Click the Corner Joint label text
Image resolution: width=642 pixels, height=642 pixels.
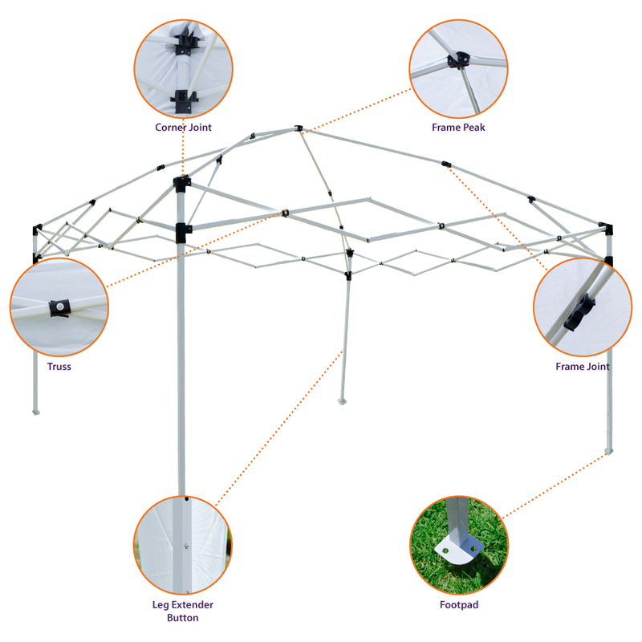point(184,127)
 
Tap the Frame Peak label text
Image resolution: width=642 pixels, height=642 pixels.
point(458,127)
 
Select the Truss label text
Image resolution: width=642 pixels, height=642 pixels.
point(59,367)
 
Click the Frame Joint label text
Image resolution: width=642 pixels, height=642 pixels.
point(583,367)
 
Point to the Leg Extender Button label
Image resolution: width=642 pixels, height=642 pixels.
point(183,611)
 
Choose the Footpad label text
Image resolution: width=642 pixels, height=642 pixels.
point(458,605)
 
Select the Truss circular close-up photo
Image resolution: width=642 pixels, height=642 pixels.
point(59,307)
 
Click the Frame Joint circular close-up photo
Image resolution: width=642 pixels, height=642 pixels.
point(583,307)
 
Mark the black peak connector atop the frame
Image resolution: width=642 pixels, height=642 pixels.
point(298,128)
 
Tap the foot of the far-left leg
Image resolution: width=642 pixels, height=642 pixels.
point(35,412)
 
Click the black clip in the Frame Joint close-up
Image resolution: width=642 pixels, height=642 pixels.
point(579,313)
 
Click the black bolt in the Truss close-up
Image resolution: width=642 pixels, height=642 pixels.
point(59,307)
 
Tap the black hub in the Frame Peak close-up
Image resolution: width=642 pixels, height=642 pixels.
point(460,59)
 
